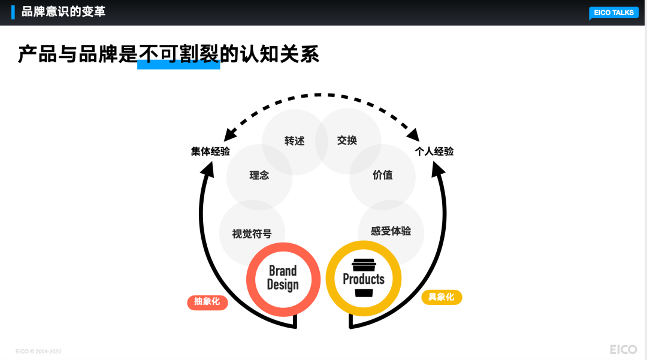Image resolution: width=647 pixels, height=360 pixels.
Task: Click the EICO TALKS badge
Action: click(613, 13)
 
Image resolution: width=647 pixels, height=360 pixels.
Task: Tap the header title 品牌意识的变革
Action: click(63, 11)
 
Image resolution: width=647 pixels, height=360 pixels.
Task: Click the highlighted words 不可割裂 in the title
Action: click(179, 55)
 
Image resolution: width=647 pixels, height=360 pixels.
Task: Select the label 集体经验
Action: click(210, 152)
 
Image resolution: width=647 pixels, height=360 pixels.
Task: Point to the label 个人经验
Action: click(434, 152)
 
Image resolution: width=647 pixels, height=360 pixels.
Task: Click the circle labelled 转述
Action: click(295, 141)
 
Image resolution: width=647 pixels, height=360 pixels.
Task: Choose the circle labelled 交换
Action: click(347, 140)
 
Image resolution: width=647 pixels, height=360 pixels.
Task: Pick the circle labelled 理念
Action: click(259, 176)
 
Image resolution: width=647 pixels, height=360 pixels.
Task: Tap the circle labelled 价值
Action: click(382, 175)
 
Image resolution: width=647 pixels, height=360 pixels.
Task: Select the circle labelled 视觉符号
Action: click(252, 234)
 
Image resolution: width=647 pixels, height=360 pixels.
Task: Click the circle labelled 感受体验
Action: click(391, 231)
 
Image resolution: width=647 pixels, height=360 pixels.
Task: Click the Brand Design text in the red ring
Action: click(283, 279)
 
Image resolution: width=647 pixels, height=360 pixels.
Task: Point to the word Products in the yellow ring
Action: click(364, 279)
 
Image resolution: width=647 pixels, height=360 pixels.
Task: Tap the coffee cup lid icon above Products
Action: click(364, 264)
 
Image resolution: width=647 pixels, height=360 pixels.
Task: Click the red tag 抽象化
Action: click(207, 302)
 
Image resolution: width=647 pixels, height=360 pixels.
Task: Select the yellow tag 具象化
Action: click(442, 297)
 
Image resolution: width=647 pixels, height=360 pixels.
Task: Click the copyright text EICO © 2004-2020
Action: click(38, 351)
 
